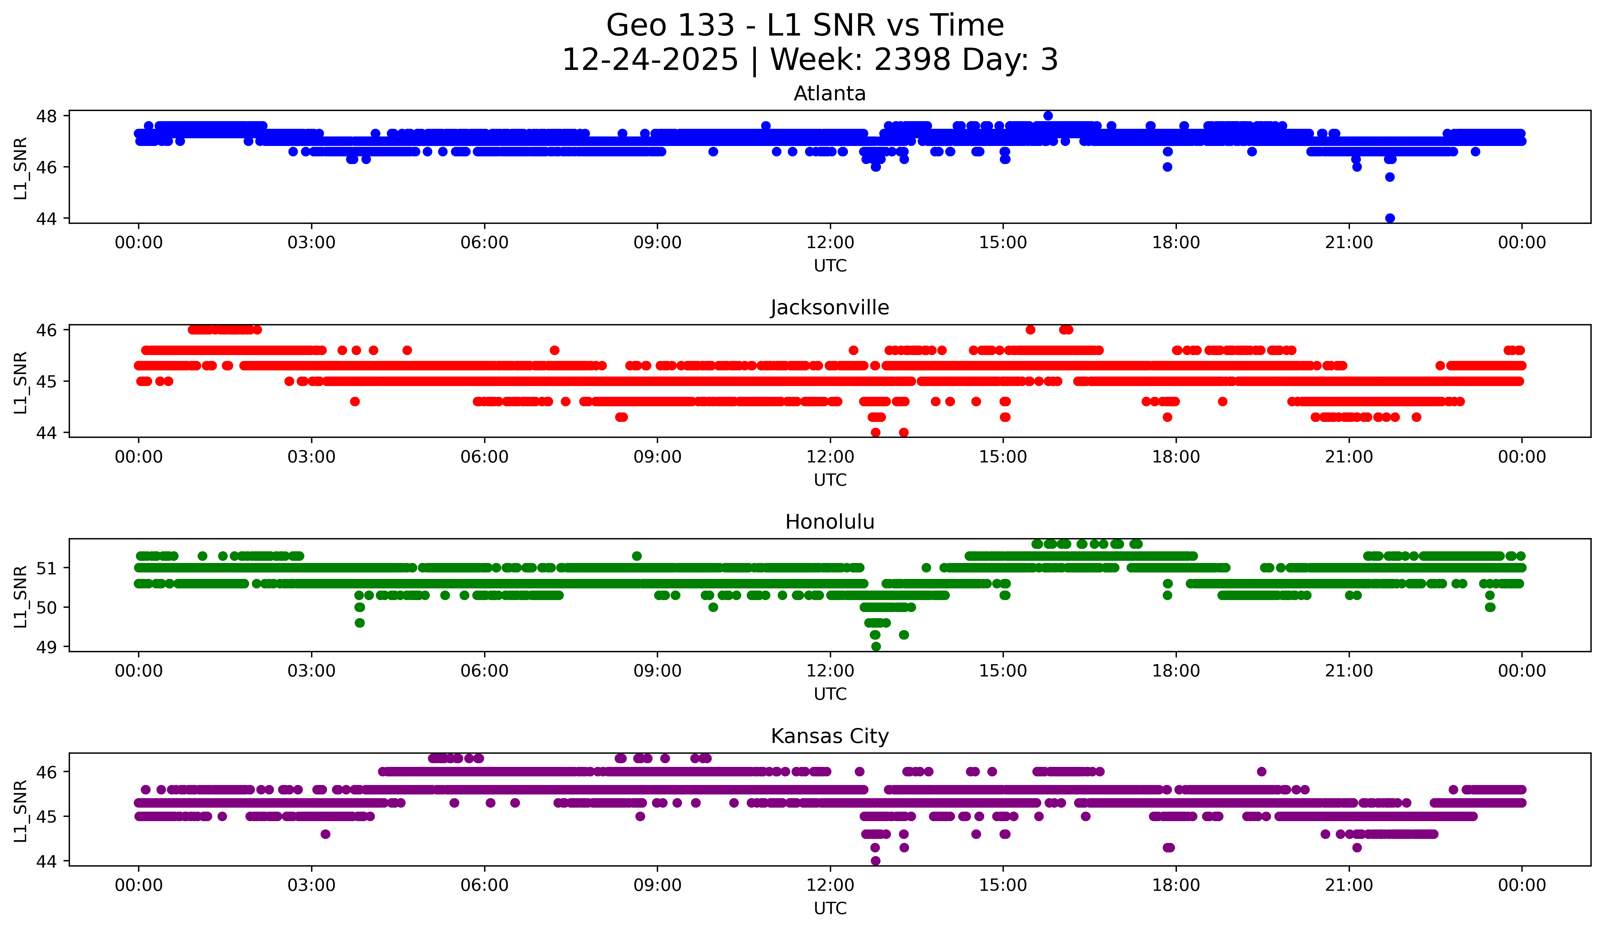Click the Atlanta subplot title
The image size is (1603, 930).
pyautogui.click(x=830, y=94)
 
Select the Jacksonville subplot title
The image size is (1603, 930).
pyautogui.click(x=830, y=308)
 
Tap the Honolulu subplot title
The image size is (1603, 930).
pyautogui.click(x=830, y=522)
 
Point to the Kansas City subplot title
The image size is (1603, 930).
pyautogui.click(x=830, y=736)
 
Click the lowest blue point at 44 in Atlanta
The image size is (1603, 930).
pyautogui.click(x=1390, y=218)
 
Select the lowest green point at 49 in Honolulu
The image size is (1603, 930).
pyautogui.click(x=876, y=646)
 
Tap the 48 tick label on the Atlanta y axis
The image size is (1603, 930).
pyautogui.click(x=46, y=116)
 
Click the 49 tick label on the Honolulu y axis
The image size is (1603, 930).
pyautogui.click(x=46, y=647)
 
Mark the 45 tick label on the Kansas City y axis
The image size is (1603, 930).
pyautogui.click(x=46, y=817)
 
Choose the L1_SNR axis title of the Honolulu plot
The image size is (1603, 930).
pyautogui.click(x=20, y=596)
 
